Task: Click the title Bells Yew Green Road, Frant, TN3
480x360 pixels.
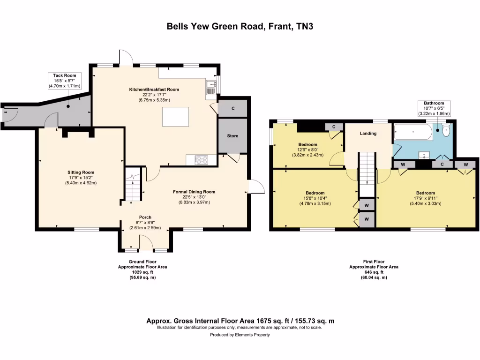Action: coord(240,26)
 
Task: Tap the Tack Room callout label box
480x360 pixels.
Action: coord(65,81)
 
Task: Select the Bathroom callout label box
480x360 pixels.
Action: coord(434,108)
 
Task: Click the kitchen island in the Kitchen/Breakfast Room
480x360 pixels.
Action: coord(176,117)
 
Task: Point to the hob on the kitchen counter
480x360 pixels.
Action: coord(201,160)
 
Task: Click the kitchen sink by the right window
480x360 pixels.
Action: coord(210,87)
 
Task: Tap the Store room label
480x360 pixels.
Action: coord(232,136)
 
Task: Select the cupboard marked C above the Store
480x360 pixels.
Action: coord(233,108)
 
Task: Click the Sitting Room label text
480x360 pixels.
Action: coord(78,172)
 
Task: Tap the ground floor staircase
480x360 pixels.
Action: coord(133,185)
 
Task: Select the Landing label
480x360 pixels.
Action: coord(368,134)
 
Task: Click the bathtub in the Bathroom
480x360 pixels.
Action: coord(412,132)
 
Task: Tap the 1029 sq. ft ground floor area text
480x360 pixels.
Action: coord(142,272)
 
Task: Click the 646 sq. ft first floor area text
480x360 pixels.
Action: coord(374,272)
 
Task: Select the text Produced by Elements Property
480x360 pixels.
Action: coord(240,335)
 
